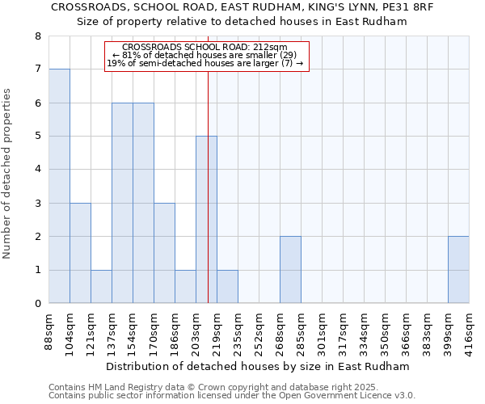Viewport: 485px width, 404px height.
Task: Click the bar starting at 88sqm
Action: pyautogui.click(x=59, y=186)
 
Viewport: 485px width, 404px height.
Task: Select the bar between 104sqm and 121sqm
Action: pyautogui.click(x=80, y=253)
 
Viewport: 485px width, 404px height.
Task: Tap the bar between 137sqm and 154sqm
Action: pyautogui.click(x=122, y=203)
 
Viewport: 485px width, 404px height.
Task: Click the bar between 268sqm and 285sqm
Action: pyautogui.click(x=290, y=270)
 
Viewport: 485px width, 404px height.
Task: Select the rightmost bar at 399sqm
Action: pyautogui.click(x=458, y=270)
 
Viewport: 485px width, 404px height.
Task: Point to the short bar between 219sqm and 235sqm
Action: pyautogui.click(x=227, y=287)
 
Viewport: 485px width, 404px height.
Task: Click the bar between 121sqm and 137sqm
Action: pyautogui.click(x=101, y=287)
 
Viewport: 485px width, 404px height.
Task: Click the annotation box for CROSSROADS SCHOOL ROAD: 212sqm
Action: pyautogui.click(x=207, y=56)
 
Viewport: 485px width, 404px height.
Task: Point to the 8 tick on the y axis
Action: pyautogui.click(x=37, y=36)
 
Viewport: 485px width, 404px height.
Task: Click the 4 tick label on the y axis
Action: pyautogui.click(x=37, y=170)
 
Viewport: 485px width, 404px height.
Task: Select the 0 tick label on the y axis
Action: pyautogui.click(x=37, y=304)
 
